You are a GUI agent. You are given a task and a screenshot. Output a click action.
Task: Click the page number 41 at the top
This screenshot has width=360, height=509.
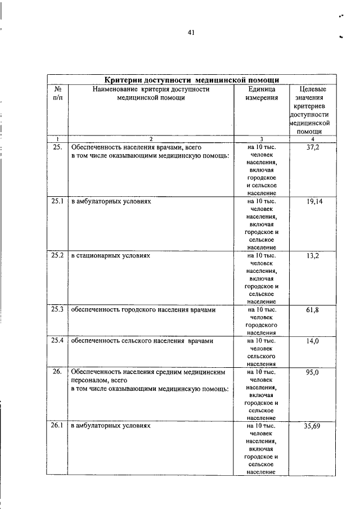[x=191, y=33]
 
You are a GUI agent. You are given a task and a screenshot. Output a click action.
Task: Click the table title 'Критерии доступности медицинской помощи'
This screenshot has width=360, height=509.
[x=192, y=79]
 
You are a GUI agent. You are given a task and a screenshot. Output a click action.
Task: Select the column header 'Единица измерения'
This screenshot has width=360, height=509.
[x=262, y=93]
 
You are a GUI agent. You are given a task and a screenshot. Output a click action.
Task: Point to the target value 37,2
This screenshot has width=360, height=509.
[x=313, y=147]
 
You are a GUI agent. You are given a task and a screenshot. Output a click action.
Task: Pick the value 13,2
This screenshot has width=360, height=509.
[x=313, y=255]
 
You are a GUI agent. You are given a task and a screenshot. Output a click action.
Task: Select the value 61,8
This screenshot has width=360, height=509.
[x=313, y=309]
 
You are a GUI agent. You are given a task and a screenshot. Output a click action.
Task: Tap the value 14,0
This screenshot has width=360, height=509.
[x=313, y=341]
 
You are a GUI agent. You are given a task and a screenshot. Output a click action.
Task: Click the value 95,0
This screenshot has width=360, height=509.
[x=313, y=372]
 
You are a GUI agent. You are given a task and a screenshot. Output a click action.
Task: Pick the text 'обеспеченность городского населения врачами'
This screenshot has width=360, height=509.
[x=143, y=309]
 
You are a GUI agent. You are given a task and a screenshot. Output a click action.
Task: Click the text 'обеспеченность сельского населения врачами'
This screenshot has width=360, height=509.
[x=142, y=341]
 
